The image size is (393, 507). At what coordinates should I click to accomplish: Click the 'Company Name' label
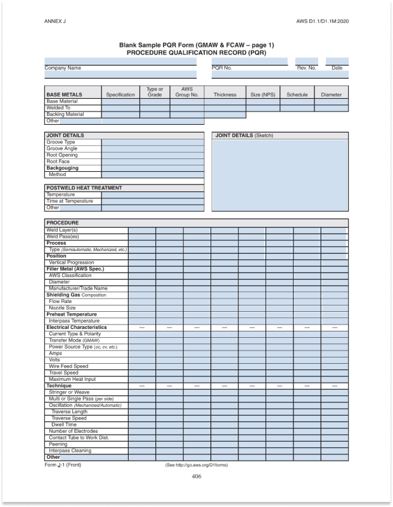point(63,68)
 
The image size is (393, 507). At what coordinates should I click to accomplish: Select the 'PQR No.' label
point(222,68)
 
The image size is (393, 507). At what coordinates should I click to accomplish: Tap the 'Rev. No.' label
point(306,68)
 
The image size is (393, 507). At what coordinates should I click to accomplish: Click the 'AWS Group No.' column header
point(187,92)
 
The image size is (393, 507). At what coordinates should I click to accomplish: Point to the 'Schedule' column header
point(297,94)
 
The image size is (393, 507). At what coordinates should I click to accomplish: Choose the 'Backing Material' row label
point(65,114)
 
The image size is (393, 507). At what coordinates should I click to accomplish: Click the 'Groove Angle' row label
point(62,148)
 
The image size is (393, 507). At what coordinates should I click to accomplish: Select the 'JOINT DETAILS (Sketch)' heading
point(245,136)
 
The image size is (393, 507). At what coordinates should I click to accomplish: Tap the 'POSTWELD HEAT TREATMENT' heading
point(84,188)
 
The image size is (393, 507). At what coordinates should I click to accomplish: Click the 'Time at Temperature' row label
point(70,201)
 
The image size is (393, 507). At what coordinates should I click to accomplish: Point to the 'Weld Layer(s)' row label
point(62,229)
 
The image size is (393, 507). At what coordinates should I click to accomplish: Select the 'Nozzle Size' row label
point(62,308)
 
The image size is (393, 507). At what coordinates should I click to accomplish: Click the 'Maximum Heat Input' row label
point(72,379)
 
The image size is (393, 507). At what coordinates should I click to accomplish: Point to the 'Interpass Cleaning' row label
point(70,451)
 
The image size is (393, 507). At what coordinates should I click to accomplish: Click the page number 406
point(196,477)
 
